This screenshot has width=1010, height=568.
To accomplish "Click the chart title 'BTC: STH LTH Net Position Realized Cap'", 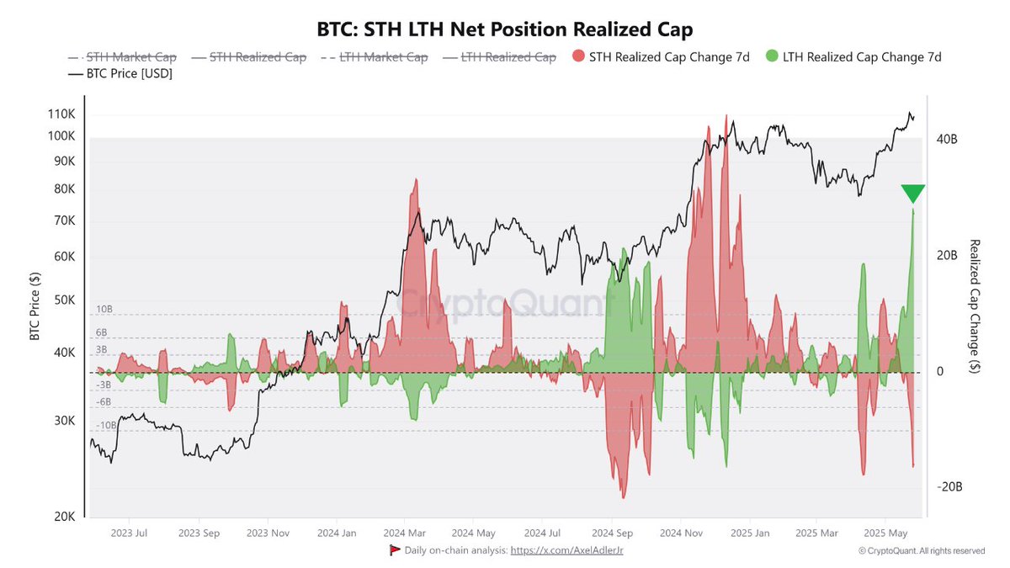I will (505, 30).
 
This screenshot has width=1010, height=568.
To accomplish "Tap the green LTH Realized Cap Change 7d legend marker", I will (773, 57).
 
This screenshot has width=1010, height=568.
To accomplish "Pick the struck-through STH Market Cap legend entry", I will (124, 57).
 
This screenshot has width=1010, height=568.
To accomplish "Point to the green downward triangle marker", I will (912, 194).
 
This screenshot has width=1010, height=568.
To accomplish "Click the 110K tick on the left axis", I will (61, 114).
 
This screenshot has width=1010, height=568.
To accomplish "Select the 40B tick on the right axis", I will (947, 139).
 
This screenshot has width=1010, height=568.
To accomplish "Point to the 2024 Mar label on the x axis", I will (406, 533).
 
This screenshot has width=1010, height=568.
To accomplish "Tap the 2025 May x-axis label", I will (885, 533).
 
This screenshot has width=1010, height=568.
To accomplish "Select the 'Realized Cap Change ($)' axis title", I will (975, 306).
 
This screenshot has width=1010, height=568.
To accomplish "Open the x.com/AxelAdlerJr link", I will (567, 549).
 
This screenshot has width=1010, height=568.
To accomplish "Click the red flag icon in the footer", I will (394, 549).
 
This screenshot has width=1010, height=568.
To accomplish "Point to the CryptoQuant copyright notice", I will (921, 550).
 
